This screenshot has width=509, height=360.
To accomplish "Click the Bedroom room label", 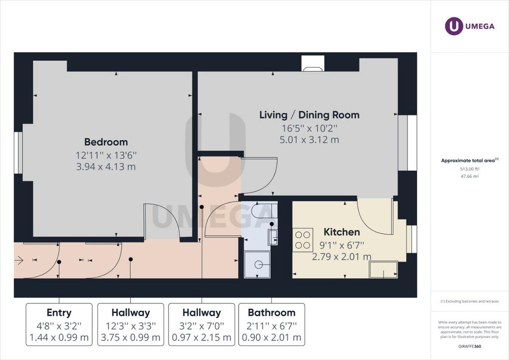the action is tap(106, 142).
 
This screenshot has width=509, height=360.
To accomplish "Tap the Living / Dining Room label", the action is tap(309, 115).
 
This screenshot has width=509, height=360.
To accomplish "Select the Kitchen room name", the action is tap(342, 232).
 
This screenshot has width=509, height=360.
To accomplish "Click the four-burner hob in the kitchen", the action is tap(303, 240).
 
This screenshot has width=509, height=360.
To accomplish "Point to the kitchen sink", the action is tap(383, 270).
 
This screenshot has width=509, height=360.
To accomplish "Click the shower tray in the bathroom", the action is tap(257, 265).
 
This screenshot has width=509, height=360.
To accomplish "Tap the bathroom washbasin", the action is tap(273, 237).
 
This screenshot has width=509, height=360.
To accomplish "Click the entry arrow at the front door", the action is tap(19, 260).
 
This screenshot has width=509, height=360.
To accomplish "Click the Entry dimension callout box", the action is tap(59, 325).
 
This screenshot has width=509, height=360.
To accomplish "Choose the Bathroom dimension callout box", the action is tap(272, 325).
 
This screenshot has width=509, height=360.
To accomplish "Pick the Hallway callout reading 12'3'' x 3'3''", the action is tap(131, 325).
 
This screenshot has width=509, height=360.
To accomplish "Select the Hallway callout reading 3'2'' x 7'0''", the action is tap(202, 325).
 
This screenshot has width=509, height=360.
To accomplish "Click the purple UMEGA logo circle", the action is tap(454, 26).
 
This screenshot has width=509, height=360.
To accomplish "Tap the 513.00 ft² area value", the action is tap(470, 169).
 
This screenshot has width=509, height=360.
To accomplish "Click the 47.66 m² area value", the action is tap(470, 176).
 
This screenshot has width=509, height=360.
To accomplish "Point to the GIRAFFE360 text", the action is tap(470, 347).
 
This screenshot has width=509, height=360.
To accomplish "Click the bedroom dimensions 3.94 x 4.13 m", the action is tap(106, 167).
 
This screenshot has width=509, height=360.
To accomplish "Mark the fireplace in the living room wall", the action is tap(313, 63).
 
